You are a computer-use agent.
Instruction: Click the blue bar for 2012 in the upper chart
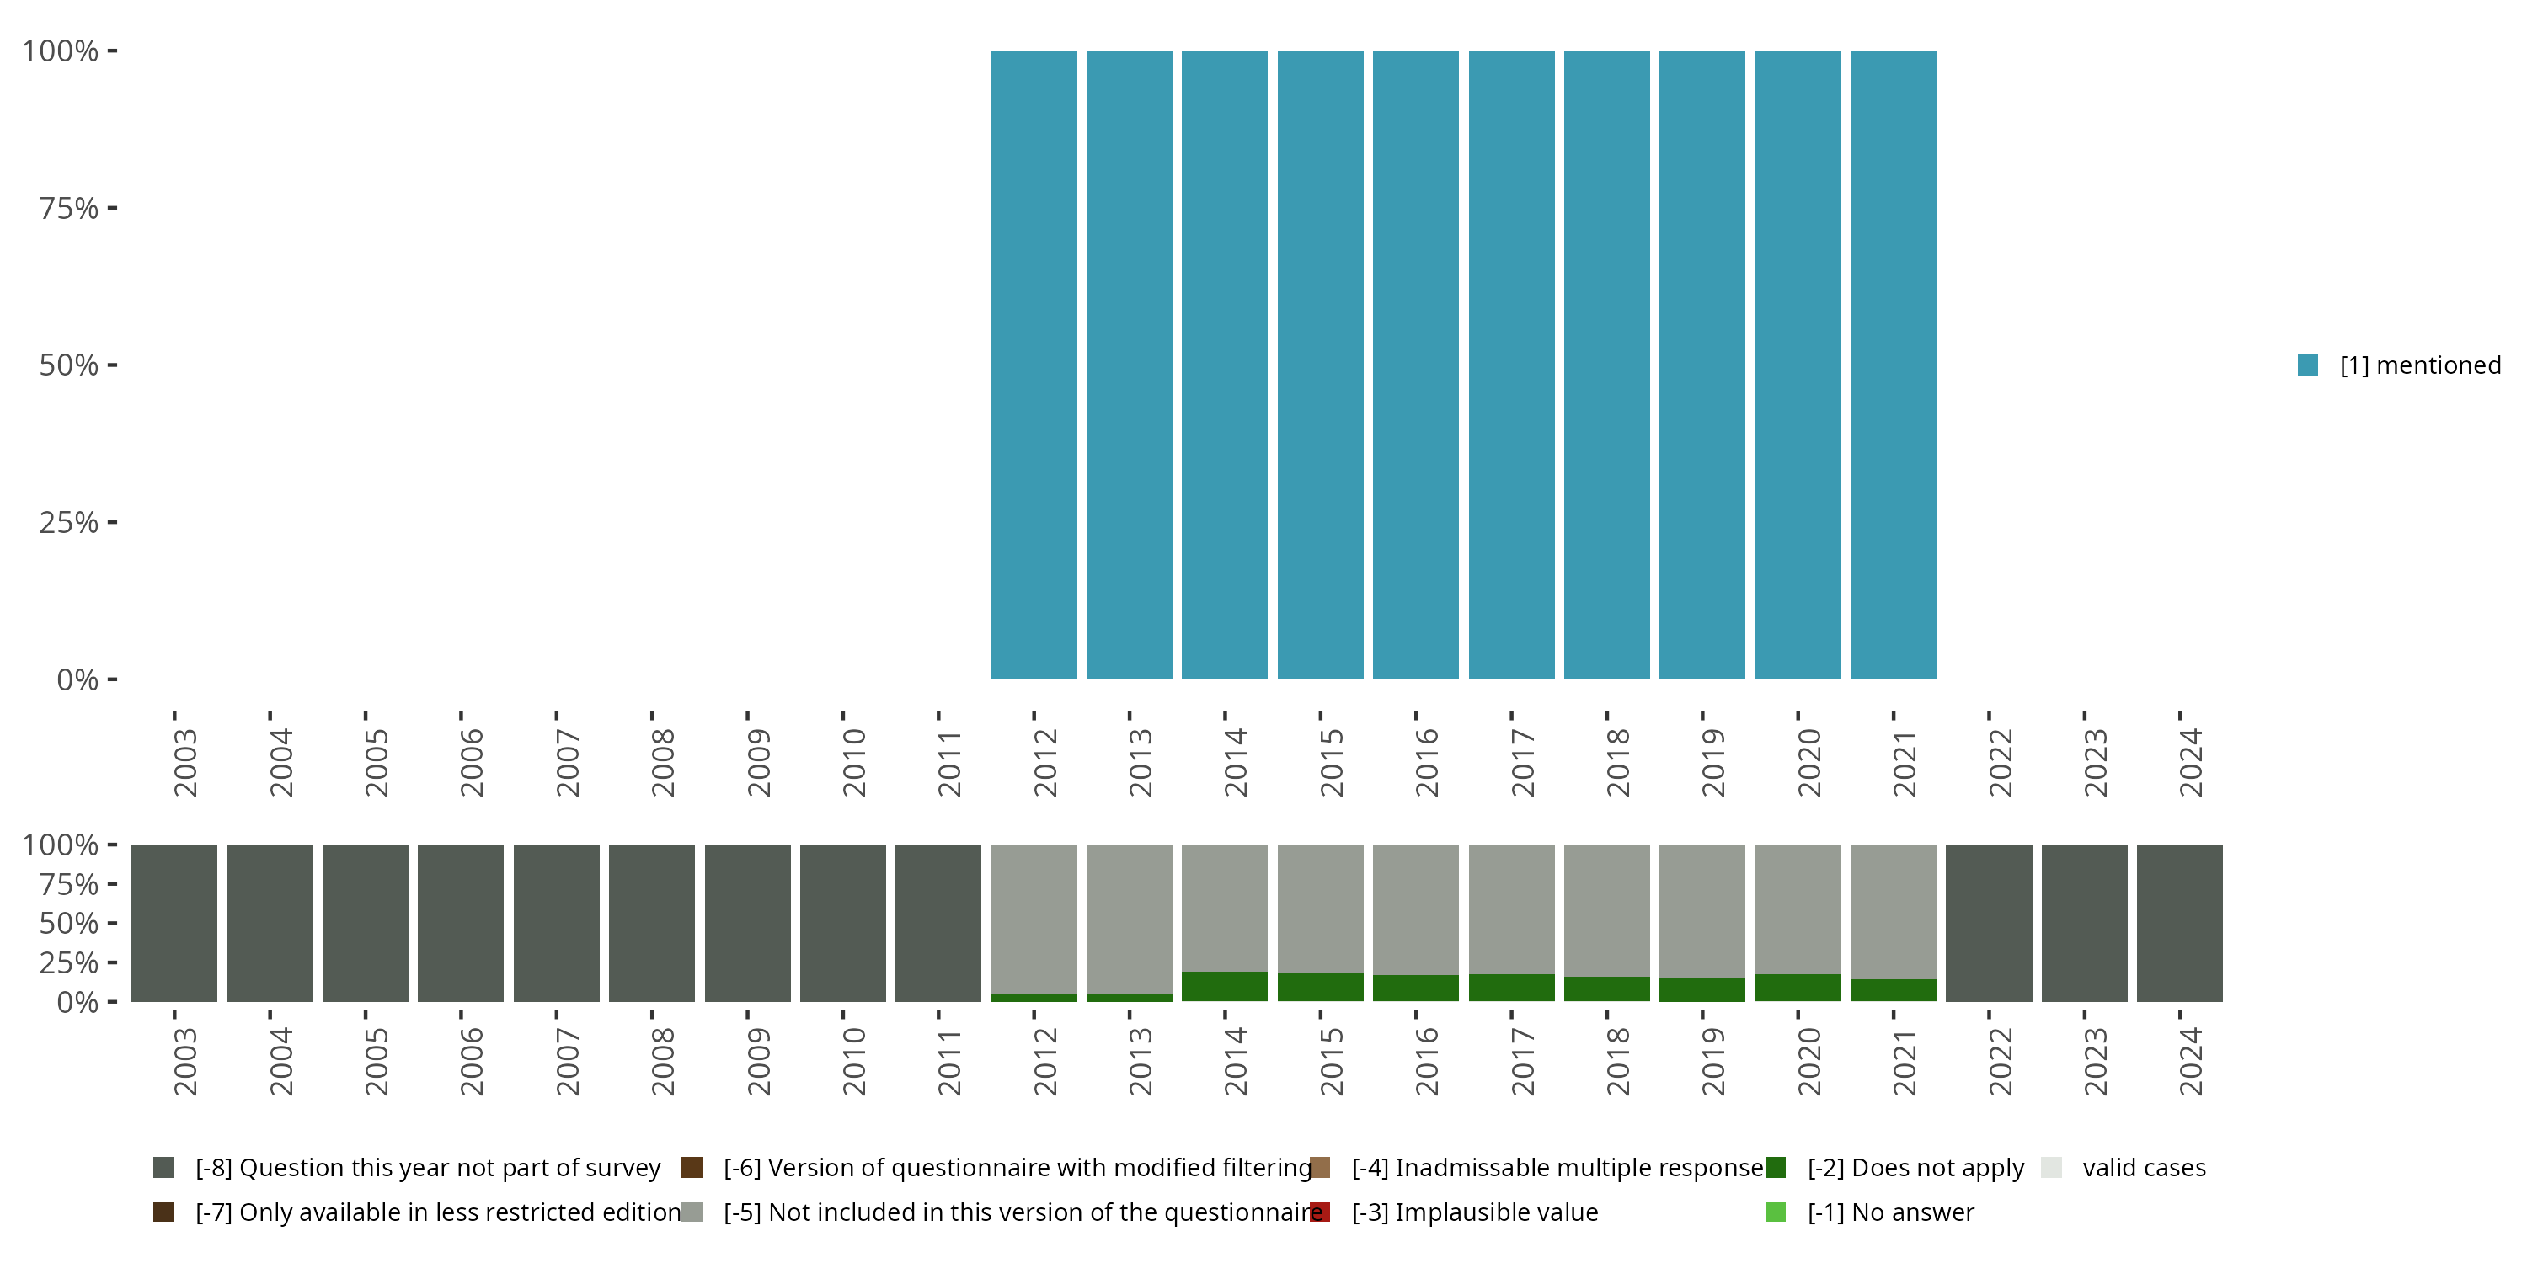(x=1034, y=365)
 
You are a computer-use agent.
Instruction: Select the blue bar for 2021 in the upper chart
(x=1893, y=365)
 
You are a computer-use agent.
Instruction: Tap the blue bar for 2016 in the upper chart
(x=1416, y=365)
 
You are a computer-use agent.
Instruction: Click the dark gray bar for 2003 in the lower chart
(x=174, y=923)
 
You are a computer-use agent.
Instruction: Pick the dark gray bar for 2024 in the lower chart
(x=2179, y=923)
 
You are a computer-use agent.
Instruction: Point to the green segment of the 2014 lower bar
(x=1224, y=987)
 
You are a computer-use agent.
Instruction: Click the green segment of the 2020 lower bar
(x=1798, y=988)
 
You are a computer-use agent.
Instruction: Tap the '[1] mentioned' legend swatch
(x=2307, y=365)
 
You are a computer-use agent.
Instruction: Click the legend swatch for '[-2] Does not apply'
(x=1776, y=1168)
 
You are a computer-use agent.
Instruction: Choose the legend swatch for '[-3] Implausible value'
(x=1321, y=1212)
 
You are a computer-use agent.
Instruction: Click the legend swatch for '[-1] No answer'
(x=1776, y=1212)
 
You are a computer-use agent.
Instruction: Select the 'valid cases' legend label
(x=2144, y=1168)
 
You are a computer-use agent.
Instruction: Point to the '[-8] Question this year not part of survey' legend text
(x=428, y=1168)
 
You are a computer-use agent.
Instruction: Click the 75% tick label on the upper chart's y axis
(x=69, y=208)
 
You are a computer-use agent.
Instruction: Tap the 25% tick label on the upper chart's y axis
(x=69, y=523)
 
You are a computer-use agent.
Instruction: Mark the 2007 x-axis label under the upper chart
(x=567, y=762)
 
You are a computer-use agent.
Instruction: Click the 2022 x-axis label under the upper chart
(x=1999, y=762)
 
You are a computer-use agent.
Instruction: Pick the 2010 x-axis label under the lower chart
(x=853, y=1061)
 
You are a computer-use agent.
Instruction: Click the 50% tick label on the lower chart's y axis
(x=69, y=924)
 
